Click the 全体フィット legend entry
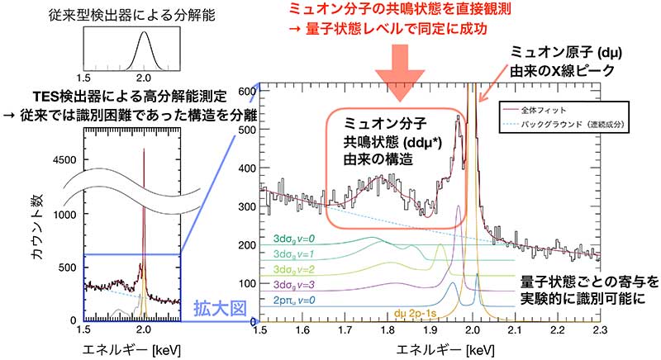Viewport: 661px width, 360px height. coord(562,109)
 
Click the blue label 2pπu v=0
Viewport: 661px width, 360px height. coord(300,301)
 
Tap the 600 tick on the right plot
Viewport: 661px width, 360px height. coord(245,88)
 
